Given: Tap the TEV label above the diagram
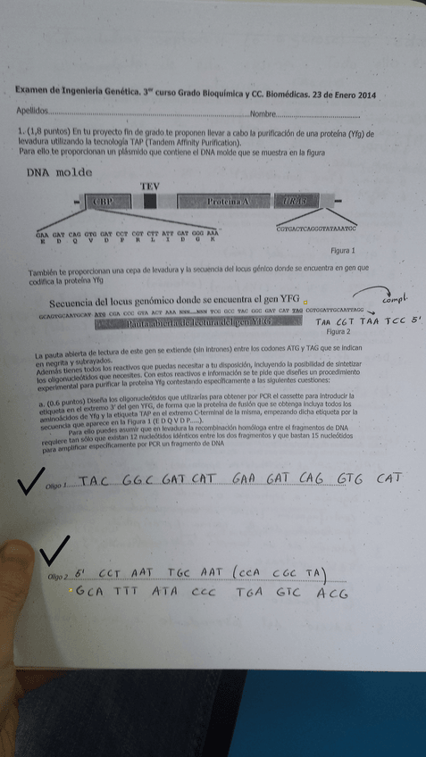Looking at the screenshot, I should tap(150, 186).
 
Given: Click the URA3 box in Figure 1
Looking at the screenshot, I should tap(297, 202).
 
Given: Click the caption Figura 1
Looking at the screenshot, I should tap(342, 251).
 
